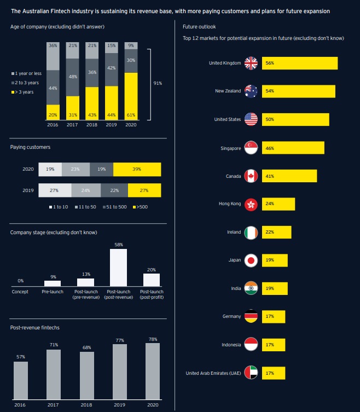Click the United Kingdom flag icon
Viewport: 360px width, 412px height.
[x=251, y=63]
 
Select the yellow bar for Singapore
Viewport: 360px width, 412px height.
[x=293, y=148]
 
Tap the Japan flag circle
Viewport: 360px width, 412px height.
[x=251, y=260]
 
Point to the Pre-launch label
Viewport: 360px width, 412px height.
[x=53, y=292]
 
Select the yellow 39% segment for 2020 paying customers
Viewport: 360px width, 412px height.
[x=137, y=170]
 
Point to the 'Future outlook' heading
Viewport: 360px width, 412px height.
[x=195, y=26]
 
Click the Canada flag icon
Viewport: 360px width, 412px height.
[x=251, y=176]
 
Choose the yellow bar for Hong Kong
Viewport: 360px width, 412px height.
[x=278, y=204]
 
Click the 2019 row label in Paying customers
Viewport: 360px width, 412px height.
[x=28, y=190]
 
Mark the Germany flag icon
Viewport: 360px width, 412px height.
[x=251, y=316]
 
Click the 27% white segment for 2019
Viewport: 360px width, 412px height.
[x=55, y=190]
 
